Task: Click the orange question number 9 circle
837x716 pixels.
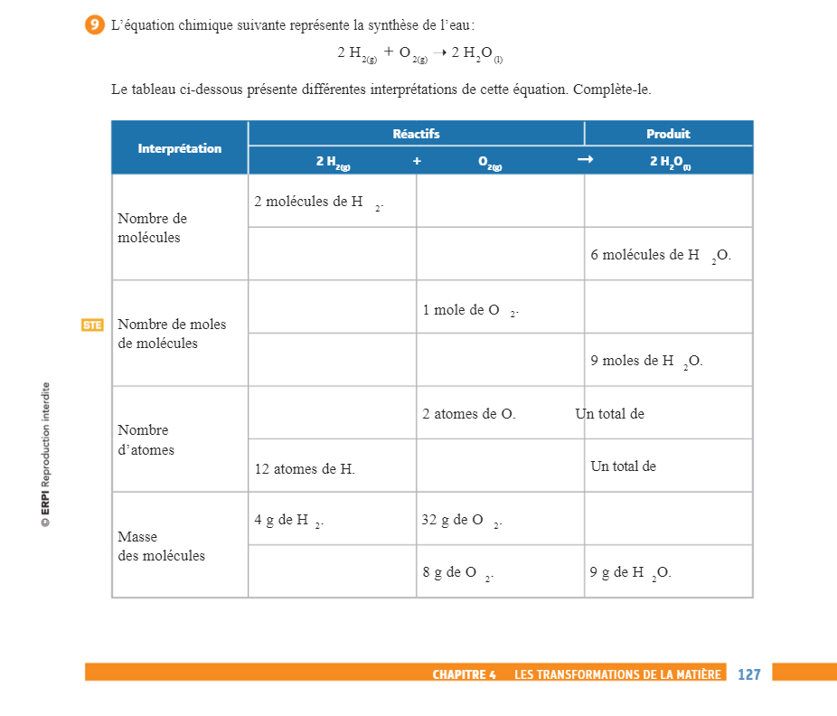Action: tap(94, 25)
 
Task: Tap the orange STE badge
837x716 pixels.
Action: tap(92, 325)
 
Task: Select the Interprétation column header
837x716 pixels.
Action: tap(179, 148)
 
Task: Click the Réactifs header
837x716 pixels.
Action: tap(416, 134)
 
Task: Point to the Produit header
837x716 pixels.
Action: tap(668, 134)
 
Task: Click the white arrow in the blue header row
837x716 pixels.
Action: tap(585, 160)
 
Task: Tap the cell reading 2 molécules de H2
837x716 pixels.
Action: tap(332, 201)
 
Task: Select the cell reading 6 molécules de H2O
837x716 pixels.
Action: tap(668, 254)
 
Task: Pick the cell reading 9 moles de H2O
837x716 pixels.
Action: tap(668, 360)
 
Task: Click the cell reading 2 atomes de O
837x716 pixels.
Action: tap(500, 413)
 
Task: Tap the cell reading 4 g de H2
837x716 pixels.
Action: tap(332, 519)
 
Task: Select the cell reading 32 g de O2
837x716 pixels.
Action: tap(500, 519)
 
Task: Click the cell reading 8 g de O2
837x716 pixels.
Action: tap(500, 571)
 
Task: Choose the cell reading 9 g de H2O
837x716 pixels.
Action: tap(668, 571)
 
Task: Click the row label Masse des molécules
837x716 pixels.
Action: tap(162, 546)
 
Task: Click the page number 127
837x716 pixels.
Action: tap(749, 674)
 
